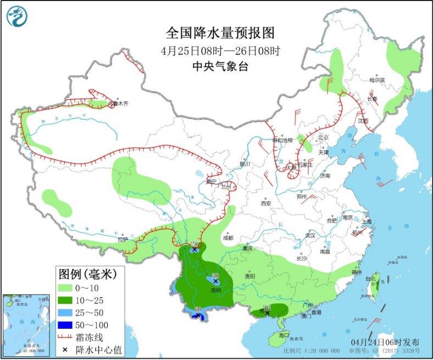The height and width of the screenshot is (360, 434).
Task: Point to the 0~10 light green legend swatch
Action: click(x=68, y=288)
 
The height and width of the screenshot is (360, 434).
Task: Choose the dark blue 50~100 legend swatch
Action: click(x=68, y=325)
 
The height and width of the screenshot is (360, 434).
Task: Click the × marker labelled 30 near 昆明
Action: click(x=215, y=281)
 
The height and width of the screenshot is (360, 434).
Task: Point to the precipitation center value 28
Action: click(x=193, y=244)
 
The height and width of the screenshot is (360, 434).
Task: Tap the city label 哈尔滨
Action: click(x=377, y=80)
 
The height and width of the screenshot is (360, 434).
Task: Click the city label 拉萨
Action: click(x=122, y=239)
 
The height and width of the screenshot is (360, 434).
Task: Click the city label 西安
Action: click(x=266, y=204)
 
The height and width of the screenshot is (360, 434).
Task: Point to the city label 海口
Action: click(x=283, y=334)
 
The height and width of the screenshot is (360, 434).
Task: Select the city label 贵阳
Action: click(x=250, y=276)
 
